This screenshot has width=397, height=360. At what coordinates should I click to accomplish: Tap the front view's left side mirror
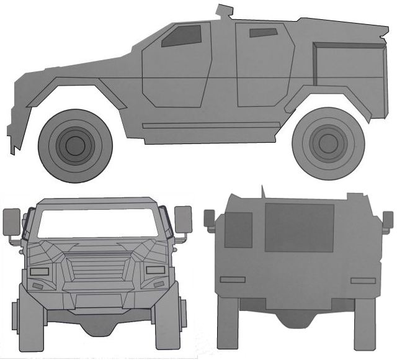coord(12,222)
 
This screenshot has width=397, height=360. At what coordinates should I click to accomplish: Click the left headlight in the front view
coord(40,272)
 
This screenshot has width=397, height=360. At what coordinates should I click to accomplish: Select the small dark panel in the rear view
coord(238,230)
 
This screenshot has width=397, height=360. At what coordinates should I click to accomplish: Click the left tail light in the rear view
coord(233,281)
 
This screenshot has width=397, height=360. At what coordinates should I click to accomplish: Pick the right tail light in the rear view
coord(362,281)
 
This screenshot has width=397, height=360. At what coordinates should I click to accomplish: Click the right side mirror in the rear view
coord(388,219)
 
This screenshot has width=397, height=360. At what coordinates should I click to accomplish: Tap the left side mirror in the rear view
coord(210,218)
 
